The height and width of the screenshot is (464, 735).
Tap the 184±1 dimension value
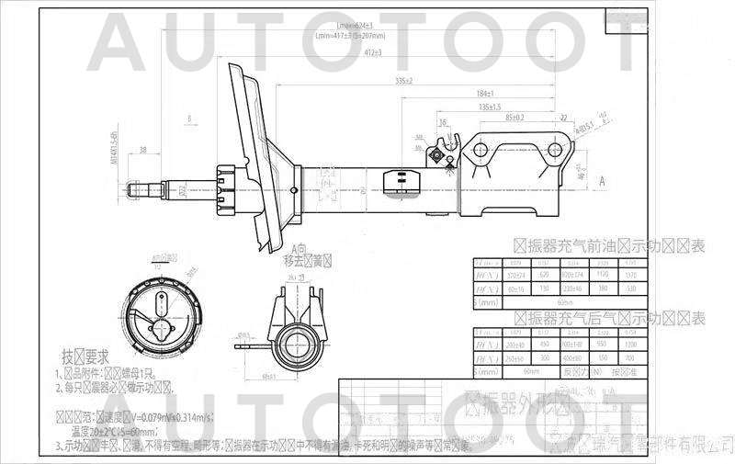pos(488,94)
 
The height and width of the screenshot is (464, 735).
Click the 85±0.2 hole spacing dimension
pos(514,118)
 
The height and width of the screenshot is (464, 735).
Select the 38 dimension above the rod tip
pos(143,149)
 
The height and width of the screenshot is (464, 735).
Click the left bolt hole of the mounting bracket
pos(481,149)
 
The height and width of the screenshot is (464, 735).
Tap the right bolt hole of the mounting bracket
pos(555,149)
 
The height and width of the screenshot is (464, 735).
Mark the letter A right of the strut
pos(602,182)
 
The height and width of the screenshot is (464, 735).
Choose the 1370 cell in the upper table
pos(629,275)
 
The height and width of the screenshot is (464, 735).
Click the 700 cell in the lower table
pos(629,357)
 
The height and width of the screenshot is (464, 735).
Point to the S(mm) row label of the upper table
pos(487,300)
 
